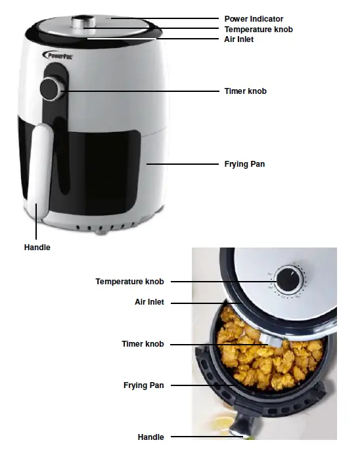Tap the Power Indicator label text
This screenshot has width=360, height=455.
254,19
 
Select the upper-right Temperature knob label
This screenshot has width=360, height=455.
258,30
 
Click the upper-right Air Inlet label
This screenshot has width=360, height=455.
239,39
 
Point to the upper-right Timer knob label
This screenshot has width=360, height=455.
245,91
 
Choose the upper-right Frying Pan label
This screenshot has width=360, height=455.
244,163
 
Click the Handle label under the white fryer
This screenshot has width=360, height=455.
37,248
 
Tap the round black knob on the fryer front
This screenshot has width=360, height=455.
49,89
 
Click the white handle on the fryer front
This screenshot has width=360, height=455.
39,164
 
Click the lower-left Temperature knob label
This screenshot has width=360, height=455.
129,281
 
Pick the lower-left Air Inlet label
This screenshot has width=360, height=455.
149,302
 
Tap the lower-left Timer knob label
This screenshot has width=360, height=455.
143,344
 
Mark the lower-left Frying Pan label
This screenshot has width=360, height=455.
143,385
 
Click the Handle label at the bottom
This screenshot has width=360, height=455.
150,437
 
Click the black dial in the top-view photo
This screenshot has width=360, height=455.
286,281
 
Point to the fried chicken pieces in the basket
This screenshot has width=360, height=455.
269,358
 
